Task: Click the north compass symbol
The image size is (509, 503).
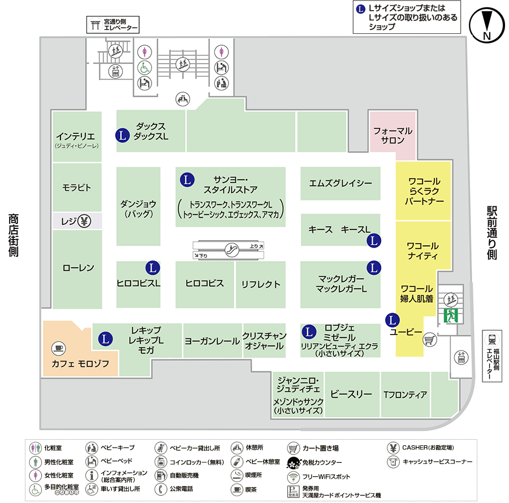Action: tap(486, 25)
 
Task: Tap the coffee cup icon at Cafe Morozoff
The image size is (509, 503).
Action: tap(58, 348)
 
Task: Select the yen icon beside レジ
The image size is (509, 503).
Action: tap(84, 221)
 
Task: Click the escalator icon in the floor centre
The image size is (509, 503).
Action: tap(232, 250)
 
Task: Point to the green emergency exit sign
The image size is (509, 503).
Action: tap(451, 315)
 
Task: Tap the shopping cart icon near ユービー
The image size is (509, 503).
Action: tap(429, 340)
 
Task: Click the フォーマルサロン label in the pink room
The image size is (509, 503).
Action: tap(393, 136)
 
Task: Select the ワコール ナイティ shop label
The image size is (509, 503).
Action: tap(422, 251)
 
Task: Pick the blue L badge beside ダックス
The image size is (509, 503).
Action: tap(122, 135)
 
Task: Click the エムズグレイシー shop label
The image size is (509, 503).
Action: tap(340, 184)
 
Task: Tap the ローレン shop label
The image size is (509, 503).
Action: tap(78, 268)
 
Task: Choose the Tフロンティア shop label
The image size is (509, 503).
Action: tap(405, 394)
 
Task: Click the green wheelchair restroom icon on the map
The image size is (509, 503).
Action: tap(144, 68)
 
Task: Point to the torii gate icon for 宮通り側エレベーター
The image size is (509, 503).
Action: tap(95, 25)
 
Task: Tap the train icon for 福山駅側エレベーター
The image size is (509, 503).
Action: tap(491, 340)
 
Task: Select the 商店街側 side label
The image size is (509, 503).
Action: tap(14, 235)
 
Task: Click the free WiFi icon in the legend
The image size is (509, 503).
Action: tap(294, 477)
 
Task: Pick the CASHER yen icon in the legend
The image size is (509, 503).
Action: tap(393, 448)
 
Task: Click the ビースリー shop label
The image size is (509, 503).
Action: tap(351, 394)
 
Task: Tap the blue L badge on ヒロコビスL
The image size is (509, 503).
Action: tap(153, 268)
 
